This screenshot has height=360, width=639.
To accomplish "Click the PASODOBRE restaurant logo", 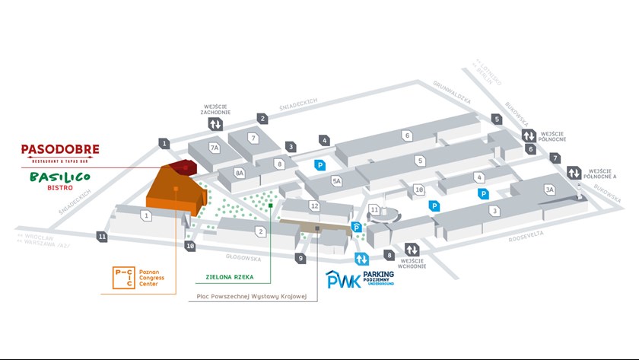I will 60,151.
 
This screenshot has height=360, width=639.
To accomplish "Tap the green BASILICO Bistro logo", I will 60,180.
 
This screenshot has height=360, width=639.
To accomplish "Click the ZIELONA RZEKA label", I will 229,278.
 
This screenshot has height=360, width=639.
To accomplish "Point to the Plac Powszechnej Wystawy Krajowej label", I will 246,295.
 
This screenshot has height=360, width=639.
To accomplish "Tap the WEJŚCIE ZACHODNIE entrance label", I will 215,110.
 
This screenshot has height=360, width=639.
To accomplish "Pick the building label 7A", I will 215,148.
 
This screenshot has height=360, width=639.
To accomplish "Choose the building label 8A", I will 240,174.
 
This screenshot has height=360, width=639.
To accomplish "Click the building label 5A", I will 337,180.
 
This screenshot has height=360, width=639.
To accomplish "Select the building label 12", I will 315,206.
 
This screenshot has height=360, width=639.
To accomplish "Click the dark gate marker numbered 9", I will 301,259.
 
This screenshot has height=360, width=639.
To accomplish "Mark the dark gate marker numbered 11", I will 103,237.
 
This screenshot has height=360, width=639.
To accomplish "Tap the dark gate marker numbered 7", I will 556,158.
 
